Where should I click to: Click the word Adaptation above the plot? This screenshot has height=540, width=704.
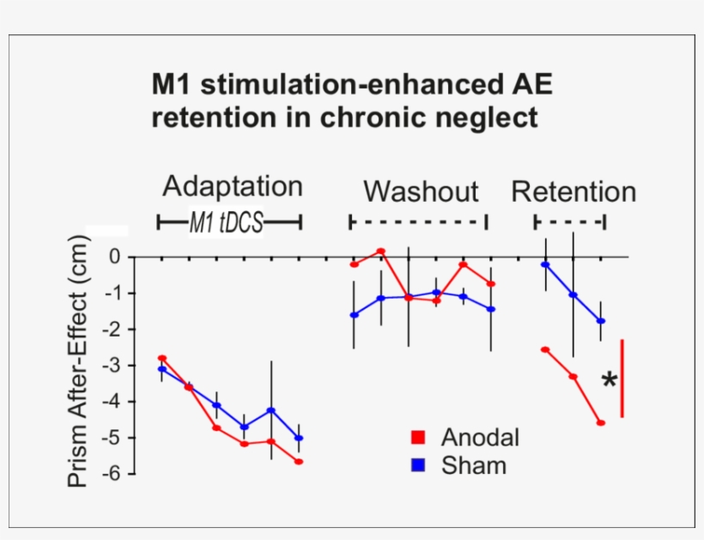pos(232,186)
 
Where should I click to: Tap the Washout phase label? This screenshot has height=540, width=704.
pos(420,191)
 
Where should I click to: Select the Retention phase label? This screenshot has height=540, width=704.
pos(573,191)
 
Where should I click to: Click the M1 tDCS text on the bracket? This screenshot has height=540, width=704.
pos(227,223)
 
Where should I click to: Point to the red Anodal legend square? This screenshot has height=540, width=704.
pos(419,437)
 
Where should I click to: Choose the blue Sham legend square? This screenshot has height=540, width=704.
pos(419,465)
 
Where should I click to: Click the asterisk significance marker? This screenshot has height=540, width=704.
pos(609,381)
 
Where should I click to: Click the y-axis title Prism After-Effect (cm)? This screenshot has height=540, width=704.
pos(78,361)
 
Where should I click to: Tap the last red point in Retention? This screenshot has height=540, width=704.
pos(600,422)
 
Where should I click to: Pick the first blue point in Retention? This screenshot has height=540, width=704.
pos(545,264)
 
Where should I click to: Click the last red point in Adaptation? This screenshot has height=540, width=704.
pos(299,461)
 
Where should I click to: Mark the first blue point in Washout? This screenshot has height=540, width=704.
pos(354,315)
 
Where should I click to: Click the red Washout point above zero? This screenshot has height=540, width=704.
pos(380,251)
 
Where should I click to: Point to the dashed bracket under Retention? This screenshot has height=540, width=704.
pos(569,222)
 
